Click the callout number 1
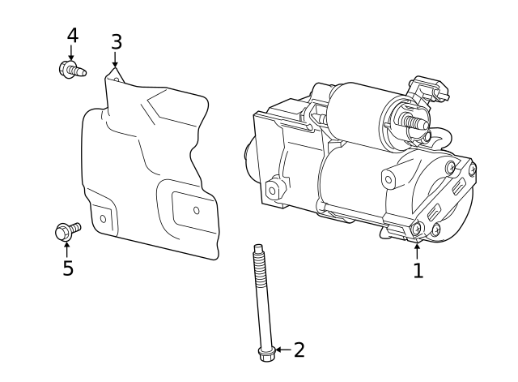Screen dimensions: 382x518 click(x=418, y=270)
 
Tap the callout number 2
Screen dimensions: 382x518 click(x=299, y=350)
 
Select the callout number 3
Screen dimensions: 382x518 click(x=116, y=41)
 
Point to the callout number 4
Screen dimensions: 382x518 click(x=72, y=36)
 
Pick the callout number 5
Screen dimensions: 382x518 click(x=68, y=268)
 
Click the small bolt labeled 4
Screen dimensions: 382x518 click(x=71, y=70)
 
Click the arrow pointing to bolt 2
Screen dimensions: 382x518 click(x=280, y=350)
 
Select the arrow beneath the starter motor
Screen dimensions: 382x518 click(x=418, y=249)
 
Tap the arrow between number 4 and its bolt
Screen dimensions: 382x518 click(x=71, y=54)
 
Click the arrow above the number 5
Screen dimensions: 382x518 click(x=67, y=249)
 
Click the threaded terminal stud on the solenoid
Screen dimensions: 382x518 click(x=415, y=124)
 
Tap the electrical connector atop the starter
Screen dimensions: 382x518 click(x=427, y=89)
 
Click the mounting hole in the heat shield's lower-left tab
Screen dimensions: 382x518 click(x=103, y=219)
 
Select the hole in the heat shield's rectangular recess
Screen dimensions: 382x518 click(x=196, y=210)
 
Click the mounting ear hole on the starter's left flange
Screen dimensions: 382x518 click(x=273, y=190)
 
